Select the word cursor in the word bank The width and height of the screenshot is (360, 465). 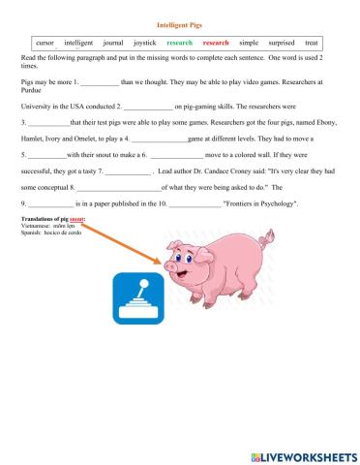(x=45, y=43)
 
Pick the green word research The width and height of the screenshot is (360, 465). (x=180, y=43)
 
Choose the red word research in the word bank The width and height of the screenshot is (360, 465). (x=216, y=43)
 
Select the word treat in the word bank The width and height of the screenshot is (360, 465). (x=312, y=43)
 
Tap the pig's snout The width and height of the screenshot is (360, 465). (x=172, y=265)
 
